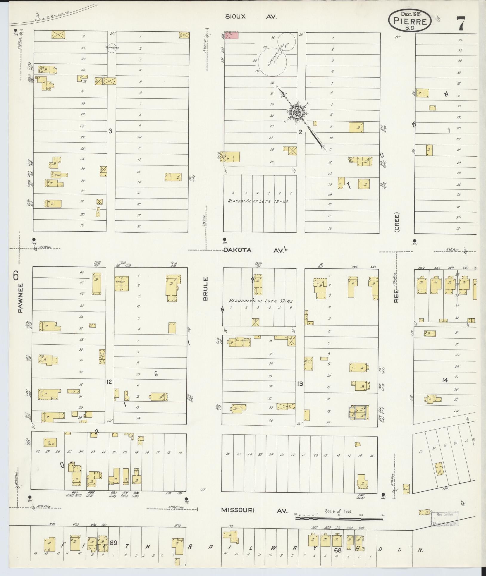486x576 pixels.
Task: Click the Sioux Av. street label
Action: (251, 17)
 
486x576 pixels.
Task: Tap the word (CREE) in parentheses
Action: (396, 222)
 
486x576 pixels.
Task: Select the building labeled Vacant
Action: (121, 283)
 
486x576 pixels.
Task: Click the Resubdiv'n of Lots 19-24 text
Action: (258, 201)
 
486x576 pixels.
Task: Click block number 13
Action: (300, 384)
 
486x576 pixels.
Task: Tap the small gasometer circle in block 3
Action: (111, 48)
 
